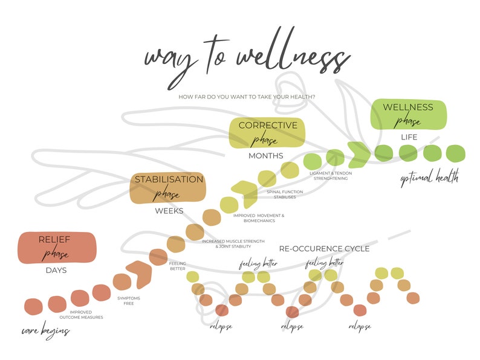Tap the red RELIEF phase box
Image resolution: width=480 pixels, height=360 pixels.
click(x=57, y=248)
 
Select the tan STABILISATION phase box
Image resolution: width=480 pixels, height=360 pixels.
click(x=169, y=188)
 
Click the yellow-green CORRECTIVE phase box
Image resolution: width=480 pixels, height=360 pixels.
click(x=267, y=133)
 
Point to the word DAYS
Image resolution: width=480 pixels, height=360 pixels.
click(x=56, y=270)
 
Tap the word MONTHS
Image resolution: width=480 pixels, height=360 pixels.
click(x=266, y=156)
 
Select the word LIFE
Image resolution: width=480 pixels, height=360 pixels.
click(x=409, y=137)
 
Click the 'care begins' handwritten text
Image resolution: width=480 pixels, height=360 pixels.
click(x=46, y=331)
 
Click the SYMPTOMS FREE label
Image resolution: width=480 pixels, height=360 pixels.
click(x=124, y=300)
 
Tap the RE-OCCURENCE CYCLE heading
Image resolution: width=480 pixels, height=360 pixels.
click(x=324, y=248)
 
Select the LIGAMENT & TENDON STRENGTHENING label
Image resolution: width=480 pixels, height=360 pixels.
click(x=330, y=176)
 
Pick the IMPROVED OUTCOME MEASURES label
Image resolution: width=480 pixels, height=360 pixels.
click(x=81, y=315)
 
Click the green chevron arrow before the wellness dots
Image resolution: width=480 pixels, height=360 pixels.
click(x=359, y=153)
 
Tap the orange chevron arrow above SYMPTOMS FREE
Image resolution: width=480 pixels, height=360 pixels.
click(x=139, y=274)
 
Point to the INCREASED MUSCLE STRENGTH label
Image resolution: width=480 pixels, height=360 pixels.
click(x=233, y=244)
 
